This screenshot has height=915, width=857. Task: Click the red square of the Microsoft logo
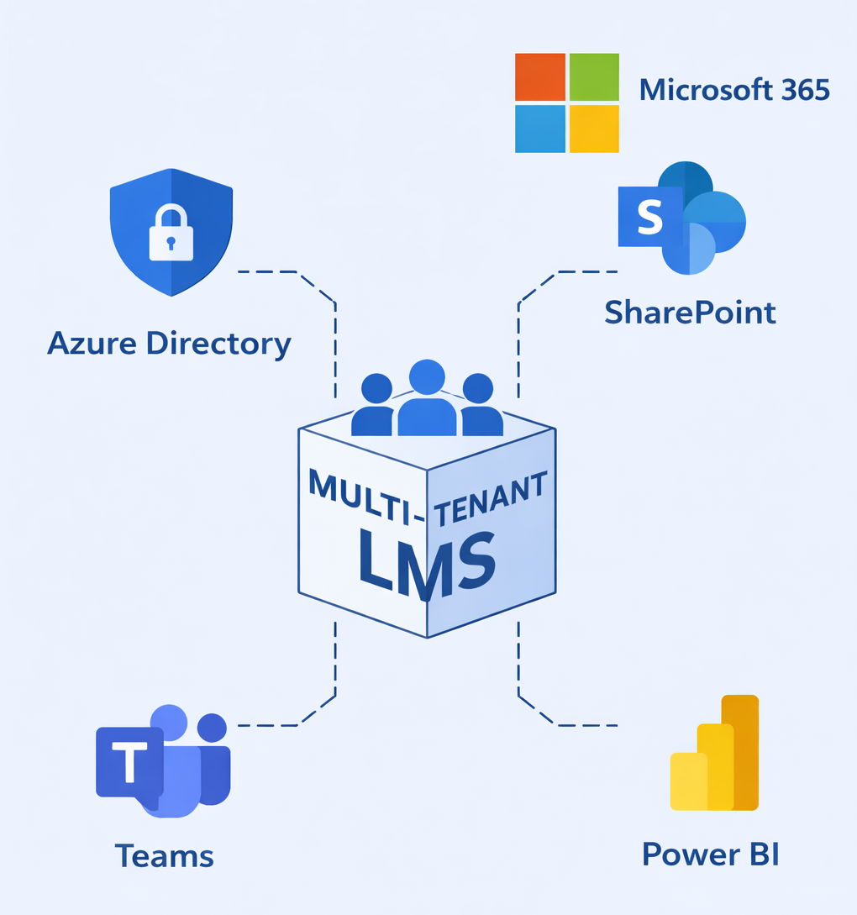[540, 76]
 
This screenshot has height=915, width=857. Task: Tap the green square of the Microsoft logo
[594, 76]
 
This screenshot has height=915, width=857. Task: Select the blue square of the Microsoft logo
[540, 129]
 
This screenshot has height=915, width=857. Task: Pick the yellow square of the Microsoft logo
[594, 129]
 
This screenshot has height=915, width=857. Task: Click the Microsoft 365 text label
[734, 90]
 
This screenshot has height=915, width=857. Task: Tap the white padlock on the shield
[171, 233]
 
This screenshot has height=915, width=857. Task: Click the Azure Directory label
[169, 344]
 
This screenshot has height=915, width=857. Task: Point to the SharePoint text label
[690, 313]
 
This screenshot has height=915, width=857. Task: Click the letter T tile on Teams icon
[129, 762]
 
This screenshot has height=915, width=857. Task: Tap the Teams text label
[165, 855]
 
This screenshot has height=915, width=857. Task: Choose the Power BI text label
[711, 854]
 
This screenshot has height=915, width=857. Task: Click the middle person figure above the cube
[427, 399]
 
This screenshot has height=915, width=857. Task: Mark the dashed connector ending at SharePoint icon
[571, 272]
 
